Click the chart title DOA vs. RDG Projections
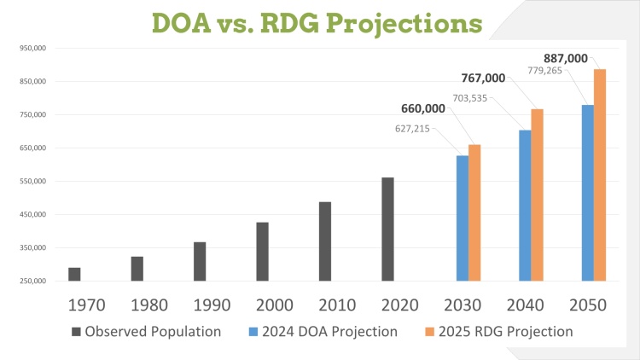click(x=317, y=22)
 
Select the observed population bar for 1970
click(x=75, y=274)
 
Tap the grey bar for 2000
click(x=262, y=252)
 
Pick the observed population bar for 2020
click(x=387, y=229)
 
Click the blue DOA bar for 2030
click(x=463, y=218)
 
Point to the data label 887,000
click(x=566, y=58)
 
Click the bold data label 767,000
click(x=483, y=78)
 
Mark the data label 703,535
click(x=472, y=97)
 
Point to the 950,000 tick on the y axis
click(x=32, y=48)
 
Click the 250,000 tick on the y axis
click(x=32, y=281)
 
